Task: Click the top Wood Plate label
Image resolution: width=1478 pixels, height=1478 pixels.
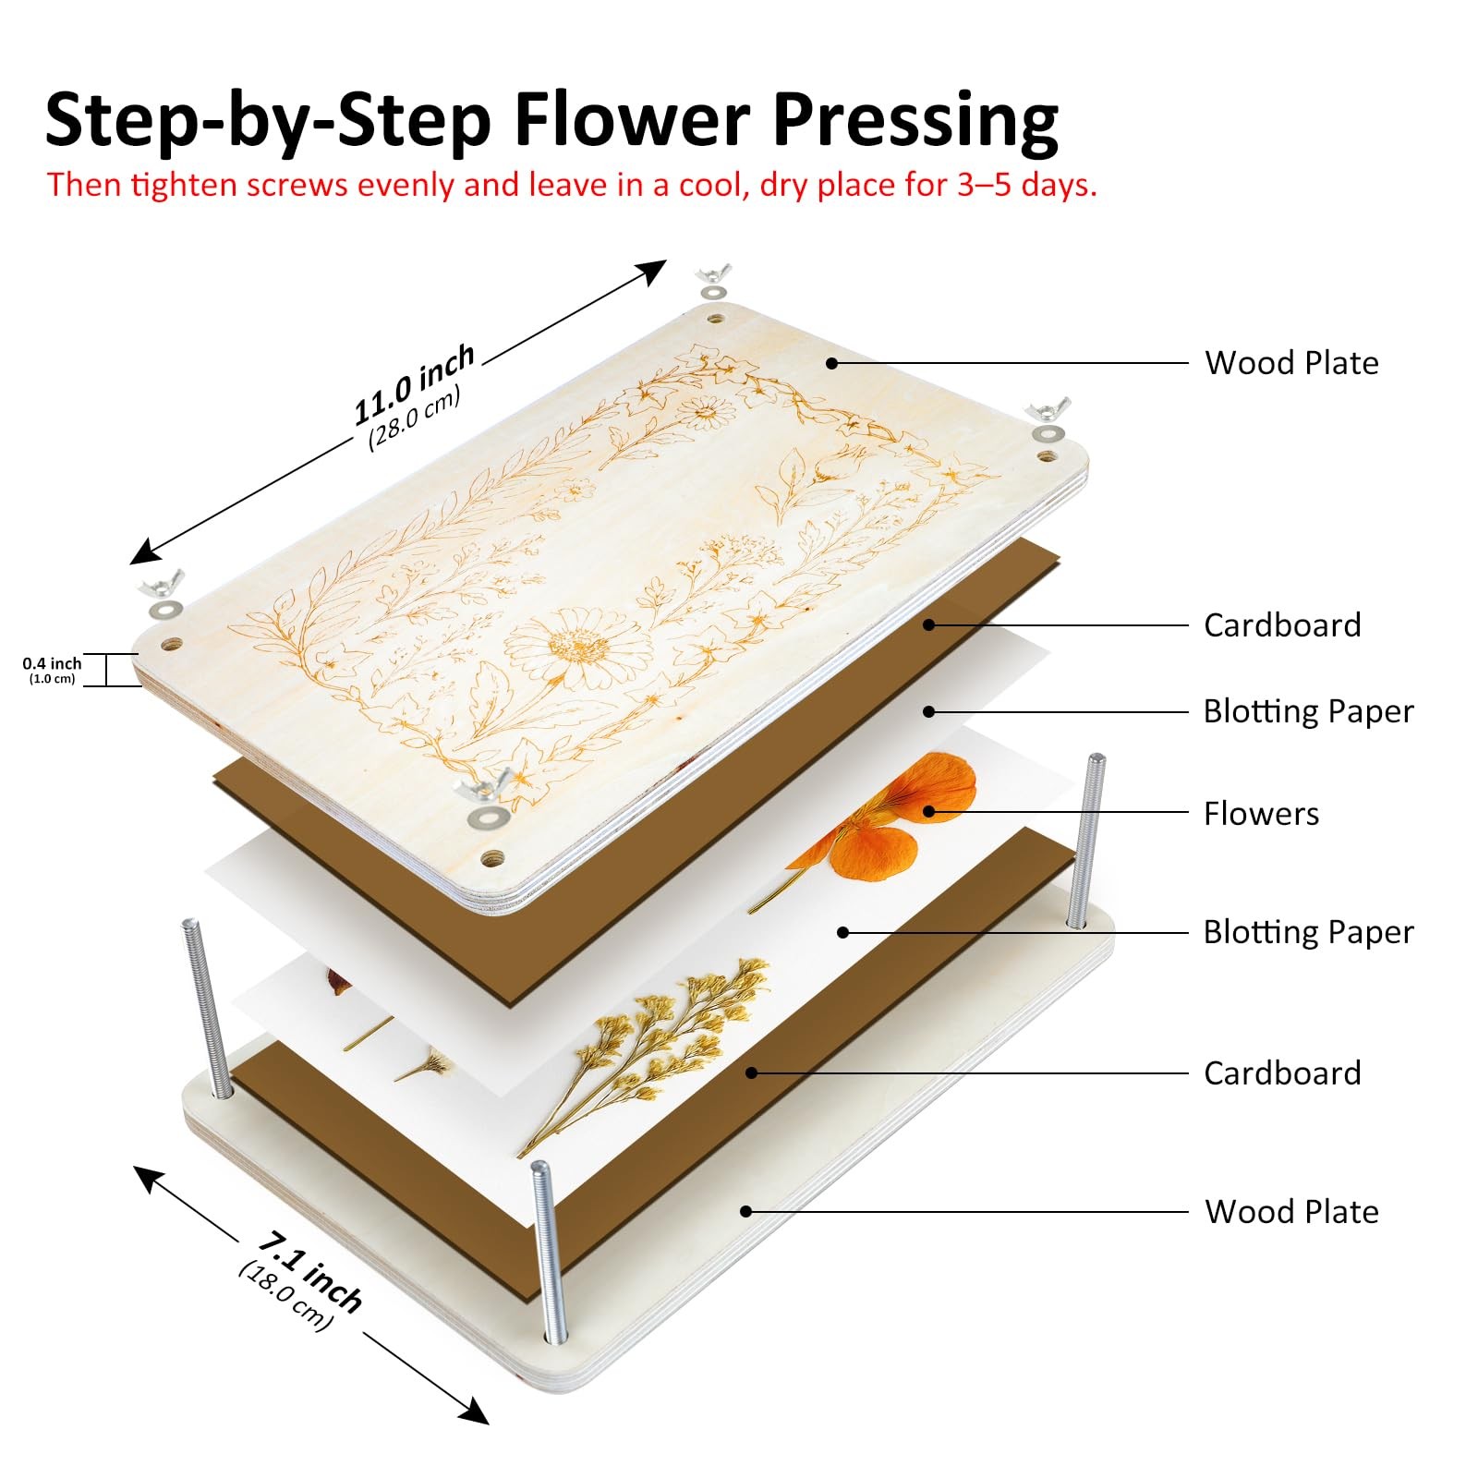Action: [1290, 363]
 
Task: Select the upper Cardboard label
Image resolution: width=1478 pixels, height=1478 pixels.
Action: [1281, 625]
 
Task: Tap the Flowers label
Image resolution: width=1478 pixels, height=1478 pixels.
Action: [1261, 814]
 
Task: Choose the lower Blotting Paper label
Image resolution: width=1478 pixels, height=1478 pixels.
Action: [1307, 932]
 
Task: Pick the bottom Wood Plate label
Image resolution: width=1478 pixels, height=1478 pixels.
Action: [1290, 1212]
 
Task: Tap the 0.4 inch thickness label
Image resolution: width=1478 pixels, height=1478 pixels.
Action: [52, 663]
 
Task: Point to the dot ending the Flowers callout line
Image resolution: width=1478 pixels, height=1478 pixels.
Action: [930, 813]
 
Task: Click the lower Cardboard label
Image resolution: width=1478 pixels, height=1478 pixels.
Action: [1281, 1073]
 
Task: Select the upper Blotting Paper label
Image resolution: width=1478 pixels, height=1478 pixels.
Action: [1307, 711]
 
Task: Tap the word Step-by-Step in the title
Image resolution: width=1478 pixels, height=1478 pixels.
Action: [268, 120]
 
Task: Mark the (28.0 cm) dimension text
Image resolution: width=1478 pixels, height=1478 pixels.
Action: [414, 418]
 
